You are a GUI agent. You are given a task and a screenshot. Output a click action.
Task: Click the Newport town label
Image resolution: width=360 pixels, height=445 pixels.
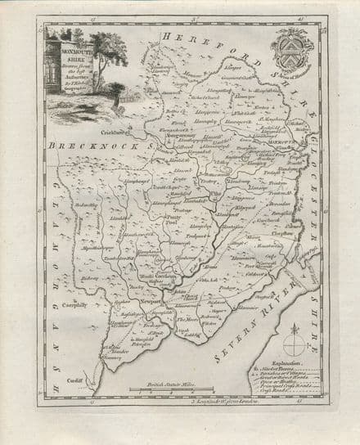[151, 300]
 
